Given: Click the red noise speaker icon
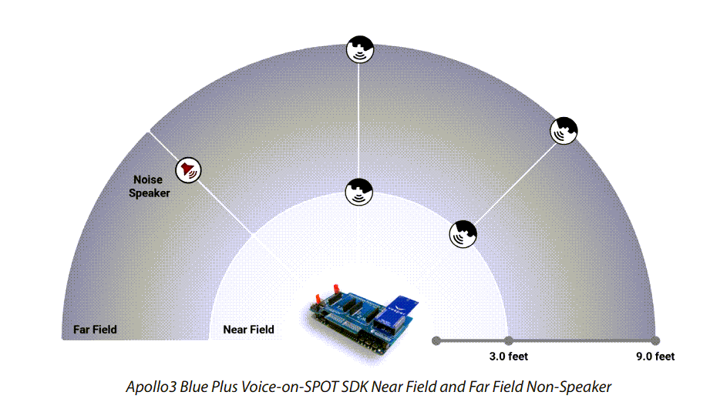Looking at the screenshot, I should point(188,169).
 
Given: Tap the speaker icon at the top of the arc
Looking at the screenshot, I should point(359,49).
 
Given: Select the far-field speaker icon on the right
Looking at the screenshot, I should point(564,132).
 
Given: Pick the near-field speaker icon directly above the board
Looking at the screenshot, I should point(359,190).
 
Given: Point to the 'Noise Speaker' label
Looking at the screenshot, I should point(149,186).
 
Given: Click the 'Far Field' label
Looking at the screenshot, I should point(95,330).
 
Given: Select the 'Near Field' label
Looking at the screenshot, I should point(248,330).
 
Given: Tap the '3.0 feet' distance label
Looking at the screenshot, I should point(509,357).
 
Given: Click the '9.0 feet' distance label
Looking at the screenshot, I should point(654,357).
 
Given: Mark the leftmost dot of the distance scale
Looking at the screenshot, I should point(436,340).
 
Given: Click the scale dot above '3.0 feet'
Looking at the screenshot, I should point(509,340).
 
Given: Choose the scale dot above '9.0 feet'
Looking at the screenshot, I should point(655,340).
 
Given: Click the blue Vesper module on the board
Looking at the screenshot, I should point(399,309).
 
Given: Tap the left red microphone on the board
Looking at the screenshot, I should point(318,296).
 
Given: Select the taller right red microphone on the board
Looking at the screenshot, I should point(335,290).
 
